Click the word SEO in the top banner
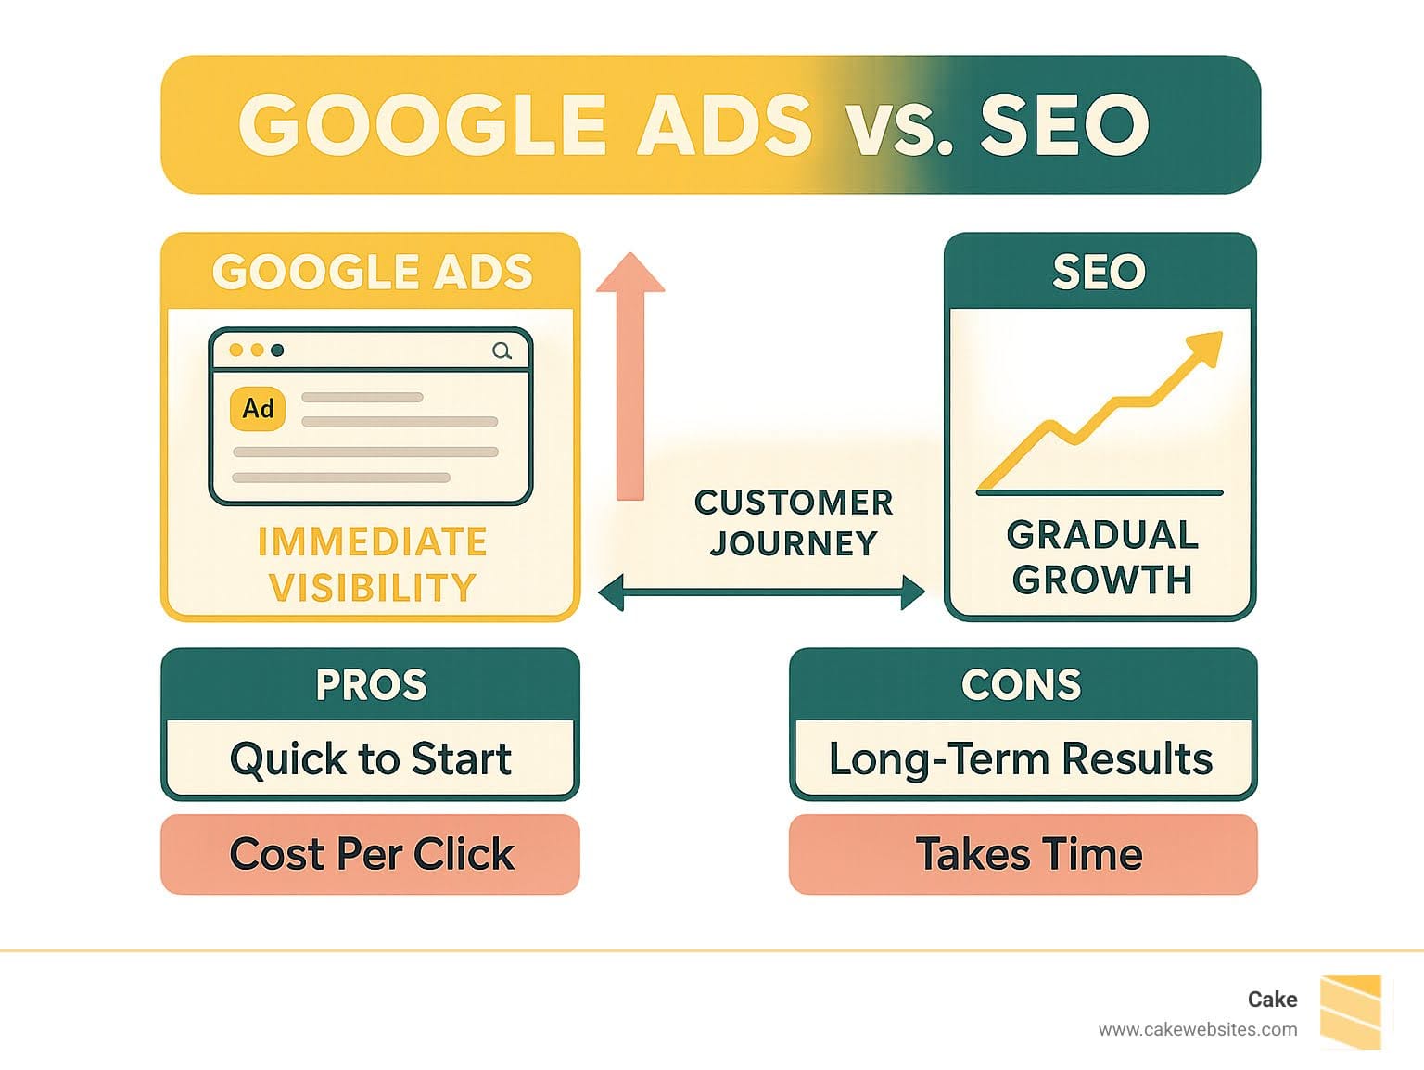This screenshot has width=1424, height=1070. pos(1064,124)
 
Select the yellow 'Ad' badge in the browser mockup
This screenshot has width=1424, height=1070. pos(258,409)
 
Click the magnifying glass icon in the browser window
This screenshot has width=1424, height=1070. pos(502,351)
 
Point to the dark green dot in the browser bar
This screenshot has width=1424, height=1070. pos(277,350)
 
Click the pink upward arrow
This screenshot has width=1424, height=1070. pos(630,376)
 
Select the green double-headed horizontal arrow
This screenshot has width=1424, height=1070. pos(761,592)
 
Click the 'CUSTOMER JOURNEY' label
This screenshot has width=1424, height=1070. pos(794,523)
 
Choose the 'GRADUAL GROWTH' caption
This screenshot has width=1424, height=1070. pos(1102,557)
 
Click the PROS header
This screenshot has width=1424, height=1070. pos(371,684)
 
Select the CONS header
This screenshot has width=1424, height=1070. pos(1022,684)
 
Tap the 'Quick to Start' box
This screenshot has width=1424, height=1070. pos(371,758)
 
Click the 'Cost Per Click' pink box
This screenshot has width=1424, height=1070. pos(371,854)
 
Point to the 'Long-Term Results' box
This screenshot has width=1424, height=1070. pos(1023,758)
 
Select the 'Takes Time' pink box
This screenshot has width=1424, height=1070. pos(1023,854)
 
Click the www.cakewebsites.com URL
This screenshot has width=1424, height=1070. pos(1198,1030)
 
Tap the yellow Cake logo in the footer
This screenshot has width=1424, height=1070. pos(1352,1012)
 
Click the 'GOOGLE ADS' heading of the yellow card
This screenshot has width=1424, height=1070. pos(373,272)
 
